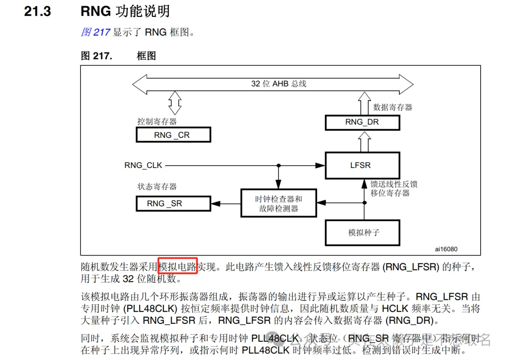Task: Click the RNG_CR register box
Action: click(173, 135)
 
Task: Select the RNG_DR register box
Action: click(362, 123)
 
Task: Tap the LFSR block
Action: click(362, 165)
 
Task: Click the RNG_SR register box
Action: click(173, 203)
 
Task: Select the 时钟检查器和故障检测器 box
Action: click(278, 203)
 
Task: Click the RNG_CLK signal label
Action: click(143, 165)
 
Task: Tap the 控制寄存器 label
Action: click(157, 121)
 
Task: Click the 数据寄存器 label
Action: click(392, 107)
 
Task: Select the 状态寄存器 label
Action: click(157, 186)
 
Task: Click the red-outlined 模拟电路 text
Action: click(177, 267)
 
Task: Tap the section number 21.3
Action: click(38, 11)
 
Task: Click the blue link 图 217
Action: click(95, 32)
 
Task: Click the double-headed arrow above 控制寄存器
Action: click(175, 103)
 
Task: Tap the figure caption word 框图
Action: click(146, 56)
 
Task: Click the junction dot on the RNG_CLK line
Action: click(278, 165)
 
